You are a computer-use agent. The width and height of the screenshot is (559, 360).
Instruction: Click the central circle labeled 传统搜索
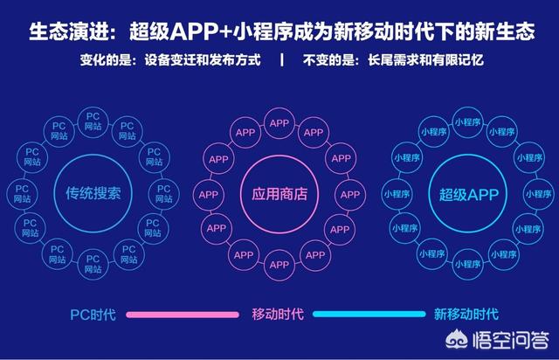point(54,194)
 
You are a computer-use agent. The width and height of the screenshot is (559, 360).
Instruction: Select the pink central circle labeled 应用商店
point(241,195)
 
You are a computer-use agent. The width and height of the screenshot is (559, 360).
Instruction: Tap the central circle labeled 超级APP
point(429,195)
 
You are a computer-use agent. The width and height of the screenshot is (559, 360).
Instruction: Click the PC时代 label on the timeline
point(93,315)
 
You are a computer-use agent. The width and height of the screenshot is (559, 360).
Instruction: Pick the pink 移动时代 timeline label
point(278,315)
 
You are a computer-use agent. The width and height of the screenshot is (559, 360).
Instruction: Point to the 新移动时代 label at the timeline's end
point(466,315)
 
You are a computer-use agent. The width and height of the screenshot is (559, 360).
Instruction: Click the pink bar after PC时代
point(183,315)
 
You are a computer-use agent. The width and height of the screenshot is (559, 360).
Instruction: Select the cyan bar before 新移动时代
point(369,314)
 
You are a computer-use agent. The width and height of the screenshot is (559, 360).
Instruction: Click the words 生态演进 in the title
point(68,31)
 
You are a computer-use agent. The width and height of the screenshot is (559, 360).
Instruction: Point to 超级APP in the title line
point(174,31)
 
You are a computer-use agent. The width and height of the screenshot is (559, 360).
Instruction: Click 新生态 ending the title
point(506,31)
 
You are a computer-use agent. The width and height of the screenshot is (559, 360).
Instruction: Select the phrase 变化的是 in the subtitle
point(106,60)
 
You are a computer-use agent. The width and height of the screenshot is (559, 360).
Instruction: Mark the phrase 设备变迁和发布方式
point(203,60)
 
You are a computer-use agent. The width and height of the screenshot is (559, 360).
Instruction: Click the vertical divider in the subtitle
point(282,60)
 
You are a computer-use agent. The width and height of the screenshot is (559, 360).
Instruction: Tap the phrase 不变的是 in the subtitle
point(328,60)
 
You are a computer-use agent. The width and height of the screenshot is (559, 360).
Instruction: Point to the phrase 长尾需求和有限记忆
point(425,60)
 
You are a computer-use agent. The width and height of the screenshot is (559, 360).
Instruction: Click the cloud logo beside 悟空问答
point(457,340)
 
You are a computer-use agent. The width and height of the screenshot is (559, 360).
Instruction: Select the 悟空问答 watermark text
point(511,340)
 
